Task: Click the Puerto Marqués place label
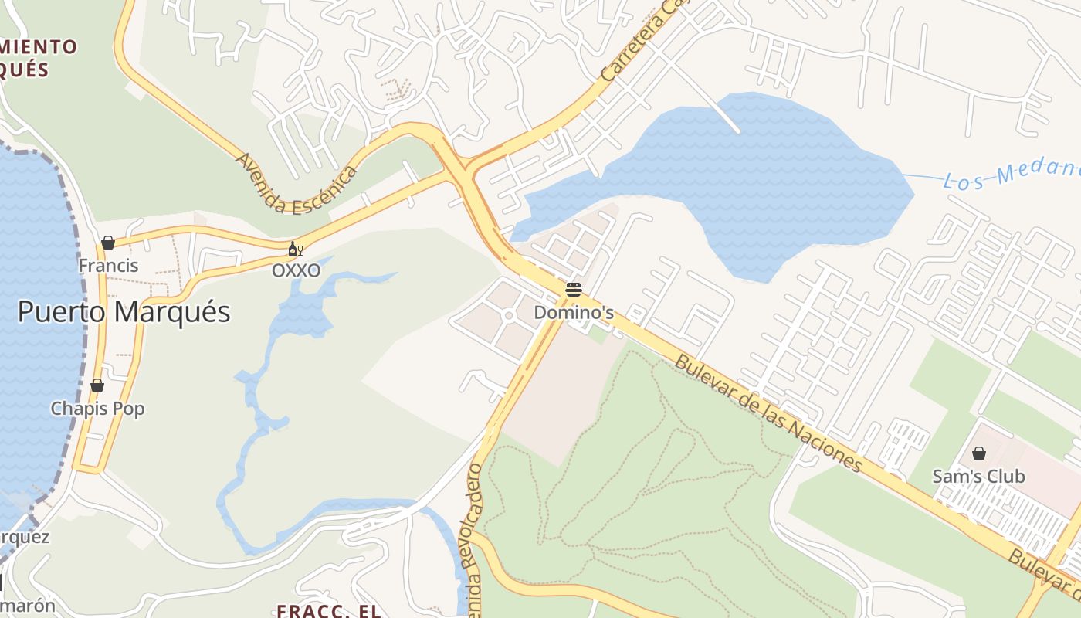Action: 124,312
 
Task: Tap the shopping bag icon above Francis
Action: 108,243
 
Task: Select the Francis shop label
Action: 108,266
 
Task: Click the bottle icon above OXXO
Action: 295,249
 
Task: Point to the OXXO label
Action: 296,270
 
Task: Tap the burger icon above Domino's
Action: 573,290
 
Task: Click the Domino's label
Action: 574,313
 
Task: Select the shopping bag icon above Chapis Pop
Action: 97,385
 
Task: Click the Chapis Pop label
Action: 97,409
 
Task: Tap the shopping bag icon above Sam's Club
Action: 979,453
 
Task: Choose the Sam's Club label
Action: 978,476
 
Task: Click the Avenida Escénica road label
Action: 296,185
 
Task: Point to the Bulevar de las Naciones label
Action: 768,413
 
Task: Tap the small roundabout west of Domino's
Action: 508,315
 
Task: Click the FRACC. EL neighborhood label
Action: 329,610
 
